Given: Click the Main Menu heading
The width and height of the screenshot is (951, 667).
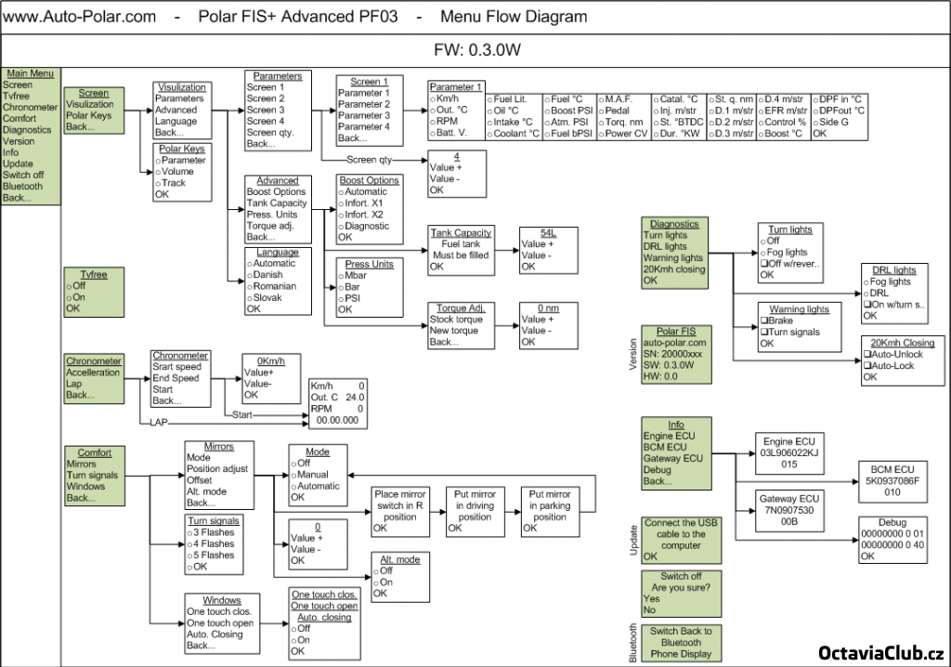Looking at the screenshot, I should (31, 73).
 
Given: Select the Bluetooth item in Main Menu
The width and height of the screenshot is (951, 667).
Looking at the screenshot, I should (23, 186).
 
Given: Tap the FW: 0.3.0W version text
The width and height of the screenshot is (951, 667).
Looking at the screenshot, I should (475, 49).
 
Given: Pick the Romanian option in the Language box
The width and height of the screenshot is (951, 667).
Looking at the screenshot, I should (274, 286).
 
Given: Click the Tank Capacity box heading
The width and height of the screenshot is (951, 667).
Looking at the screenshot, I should (461, 232).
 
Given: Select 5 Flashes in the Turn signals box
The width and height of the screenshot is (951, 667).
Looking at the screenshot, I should (214, 556).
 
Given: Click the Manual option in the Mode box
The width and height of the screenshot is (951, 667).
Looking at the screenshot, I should (312, 475).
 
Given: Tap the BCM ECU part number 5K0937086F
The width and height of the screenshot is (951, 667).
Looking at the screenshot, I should (892, 481).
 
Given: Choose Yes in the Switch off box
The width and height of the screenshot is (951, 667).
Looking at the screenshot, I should (651, 599).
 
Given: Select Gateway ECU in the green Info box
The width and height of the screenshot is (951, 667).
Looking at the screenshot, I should (673, 459).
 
